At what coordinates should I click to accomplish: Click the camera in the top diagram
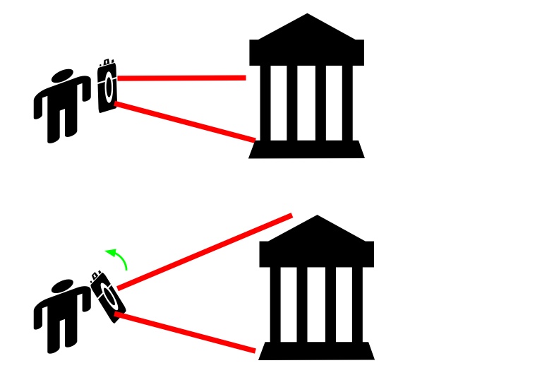107,87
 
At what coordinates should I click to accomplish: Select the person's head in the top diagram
62,76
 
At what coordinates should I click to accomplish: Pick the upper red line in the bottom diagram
205,251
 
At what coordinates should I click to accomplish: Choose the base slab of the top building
307,149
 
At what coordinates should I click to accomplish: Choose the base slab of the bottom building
317,351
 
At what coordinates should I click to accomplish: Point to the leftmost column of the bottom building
275,304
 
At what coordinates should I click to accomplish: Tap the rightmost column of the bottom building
358,304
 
